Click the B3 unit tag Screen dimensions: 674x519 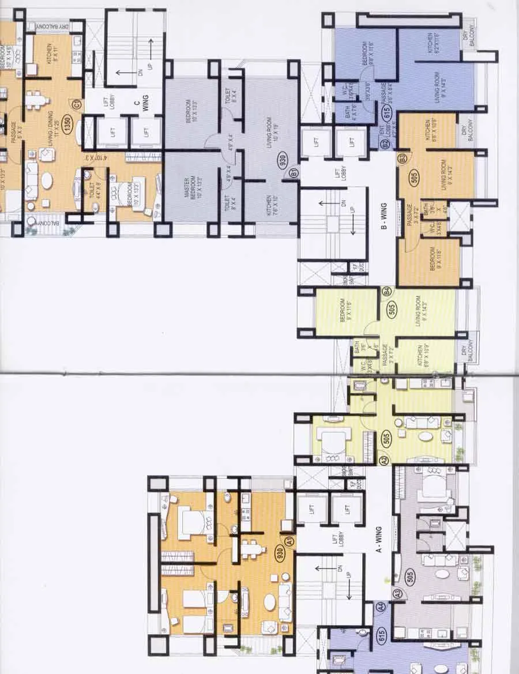[402, 156]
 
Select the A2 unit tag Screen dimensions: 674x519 [385, 460]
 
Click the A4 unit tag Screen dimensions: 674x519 [381, 607]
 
